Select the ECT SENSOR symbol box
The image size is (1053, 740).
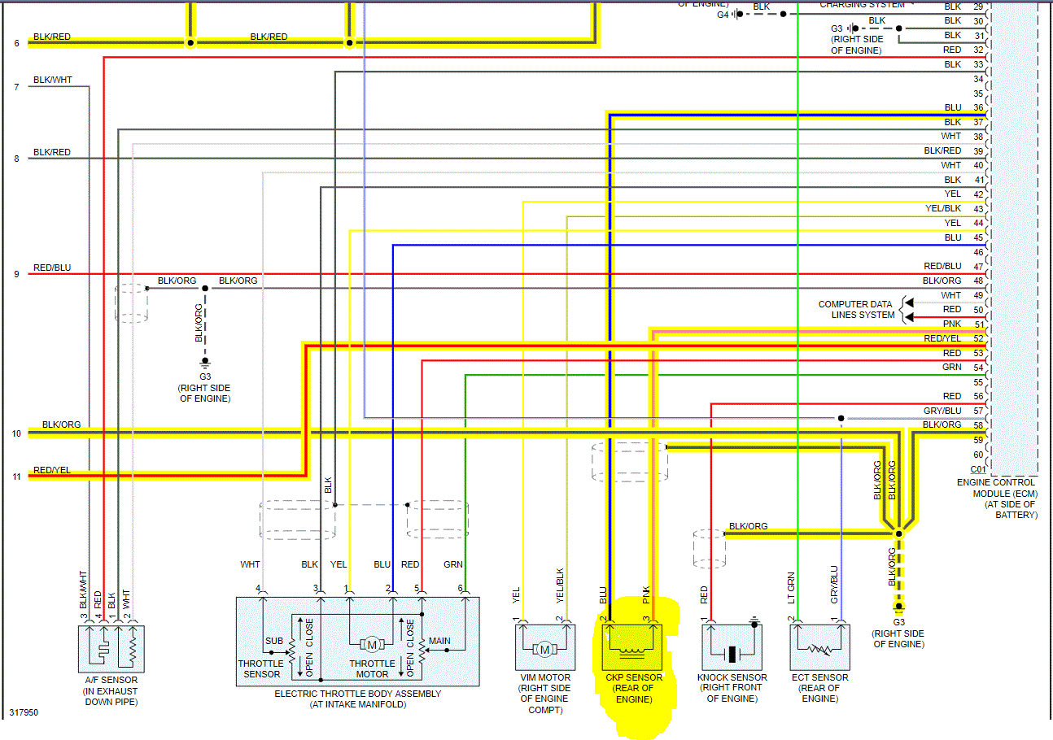[x=819, y=647]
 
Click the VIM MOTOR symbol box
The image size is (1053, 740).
[x=544, y=647]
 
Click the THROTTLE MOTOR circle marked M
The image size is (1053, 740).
[x=372, y=645]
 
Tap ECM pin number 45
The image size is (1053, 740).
[x=977, y=238]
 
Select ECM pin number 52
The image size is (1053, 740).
[x=977, y=338]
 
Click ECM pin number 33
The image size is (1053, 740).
[x=977, y=64]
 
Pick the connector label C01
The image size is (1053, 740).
[x=977, y=469]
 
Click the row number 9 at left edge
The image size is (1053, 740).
[x=16, y=275]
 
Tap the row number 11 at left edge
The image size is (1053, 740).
[x=16, y=477]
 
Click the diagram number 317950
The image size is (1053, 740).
[x=24, y=712]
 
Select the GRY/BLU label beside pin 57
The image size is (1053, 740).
[x=942, y=411]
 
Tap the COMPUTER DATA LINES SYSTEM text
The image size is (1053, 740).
[x=856, y=310]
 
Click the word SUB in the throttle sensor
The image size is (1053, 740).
[x=274, y=642]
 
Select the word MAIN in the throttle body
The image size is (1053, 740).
[x=439, y=642]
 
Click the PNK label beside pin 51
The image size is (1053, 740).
[x=951, y=324]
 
